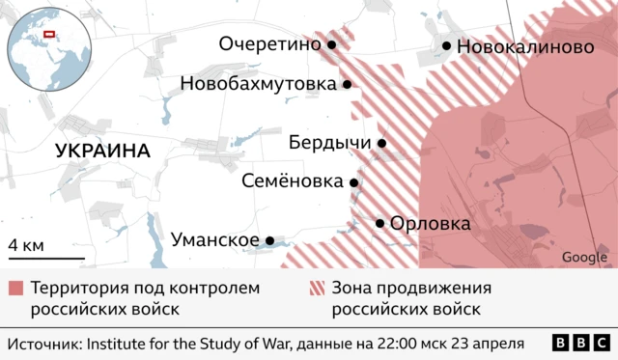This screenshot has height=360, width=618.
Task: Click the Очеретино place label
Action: click(270, 44)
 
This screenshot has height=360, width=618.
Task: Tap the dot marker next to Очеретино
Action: click(331, 44)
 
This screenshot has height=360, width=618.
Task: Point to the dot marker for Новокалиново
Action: click(447, 45)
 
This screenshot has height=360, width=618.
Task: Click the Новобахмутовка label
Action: click(258, 84)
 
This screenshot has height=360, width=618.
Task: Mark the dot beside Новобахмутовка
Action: click(346, 85)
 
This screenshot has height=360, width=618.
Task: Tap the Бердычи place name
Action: click(330, 143)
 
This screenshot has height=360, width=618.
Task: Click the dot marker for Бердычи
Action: click(381, 144)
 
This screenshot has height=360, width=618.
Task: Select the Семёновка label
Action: click(292, 181)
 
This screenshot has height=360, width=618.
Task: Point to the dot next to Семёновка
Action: click(354, 181)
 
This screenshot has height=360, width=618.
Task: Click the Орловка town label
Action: click(430, 223)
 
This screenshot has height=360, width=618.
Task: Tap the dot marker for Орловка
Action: click(379, 223)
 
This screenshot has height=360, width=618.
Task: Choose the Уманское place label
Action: click(214, 240)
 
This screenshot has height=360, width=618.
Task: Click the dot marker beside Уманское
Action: click(270, 240)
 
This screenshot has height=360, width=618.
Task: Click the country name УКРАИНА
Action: click(102, 151)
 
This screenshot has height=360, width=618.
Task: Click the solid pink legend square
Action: click(15, 290)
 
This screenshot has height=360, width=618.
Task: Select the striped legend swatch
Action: click(315, 290)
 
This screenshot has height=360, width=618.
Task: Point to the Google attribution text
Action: click(584, 257)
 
